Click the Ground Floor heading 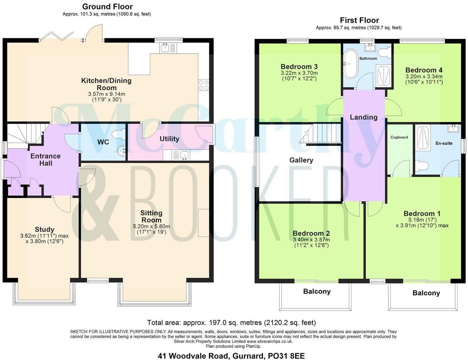point(107,7)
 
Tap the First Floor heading point(359,20)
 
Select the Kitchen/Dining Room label point(106,84)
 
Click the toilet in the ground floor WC point(117,134)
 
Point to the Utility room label point(169,139)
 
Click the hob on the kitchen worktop point(203,85)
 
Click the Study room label point(45,229)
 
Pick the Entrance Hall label point(45,160)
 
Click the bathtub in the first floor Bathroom point(350,64)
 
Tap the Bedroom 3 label point(299,67)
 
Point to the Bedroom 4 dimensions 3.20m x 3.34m point(424,77)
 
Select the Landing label point(364,117)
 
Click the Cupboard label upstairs point(399,137)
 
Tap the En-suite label point(444,143)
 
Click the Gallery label point(301,160)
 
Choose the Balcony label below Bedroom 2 point(317,291)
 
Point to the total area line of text point(231,322)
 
